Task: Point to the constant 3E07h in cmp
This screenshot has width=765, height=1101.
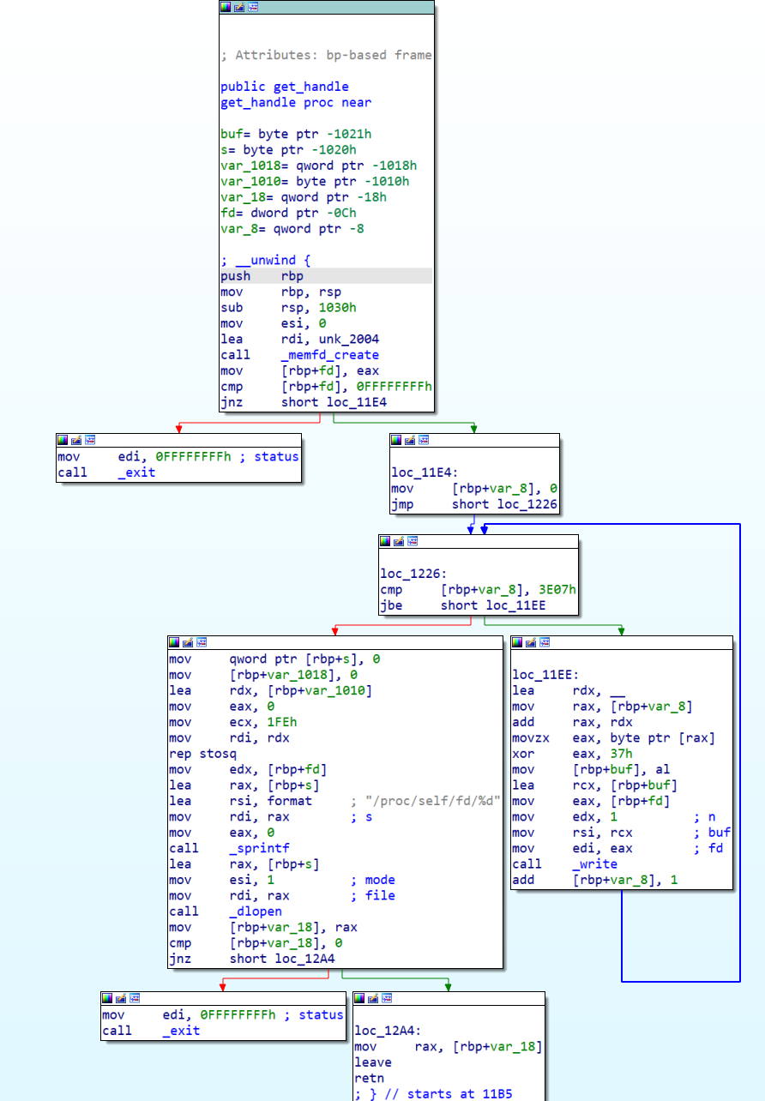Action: click(x=558, y=590)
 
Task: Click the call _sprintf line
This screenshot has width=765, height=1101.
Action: click(x=214, y=847)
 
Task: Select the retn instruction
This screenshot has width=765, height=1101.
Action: click(x=370, y=1078)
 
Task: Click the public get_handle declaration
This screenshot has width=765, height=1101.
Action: click(x=284, y=87)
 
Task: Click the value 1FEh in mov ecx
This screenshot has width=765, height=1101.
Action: click(x=282, y=722)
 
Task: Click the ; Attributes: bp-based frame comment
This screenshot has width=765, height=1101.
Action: click(x=326, y=55)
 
